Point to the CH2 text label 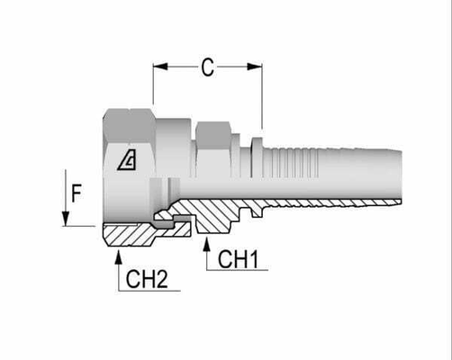point(147,278)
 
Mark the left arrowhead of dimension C point(159,66)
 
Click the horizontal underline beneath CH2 point(149,290)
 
